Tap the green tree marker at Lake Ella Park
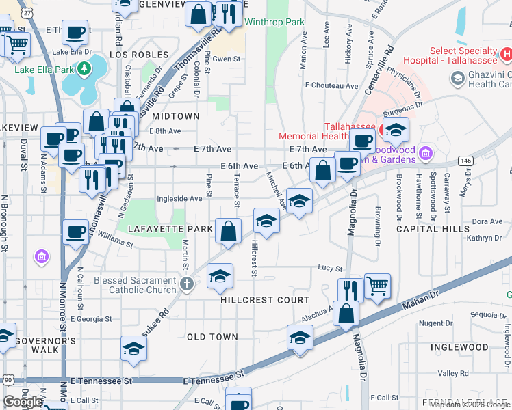pos(84,68)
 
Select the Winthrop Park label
pos(274,23)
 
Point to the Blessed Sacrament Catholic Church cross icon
pos(187,283)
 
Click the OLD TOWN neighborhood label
pos(212,337)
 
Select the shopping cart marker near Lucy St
pos(377,286)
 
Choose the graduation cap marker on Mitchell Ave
pos(299,202)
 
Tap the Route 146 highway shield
pos(466,160)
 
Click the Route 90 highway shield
pos(8,379)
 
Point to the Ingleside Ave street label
pos(179,199)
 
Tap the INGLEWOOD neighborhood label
pos(459,347)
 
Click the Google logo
pos(23,402)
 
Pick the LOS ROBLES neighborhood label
pos(139,55)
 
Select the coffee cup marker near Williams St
pos(75,232)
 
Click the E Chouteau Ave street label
pos(332,87)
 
